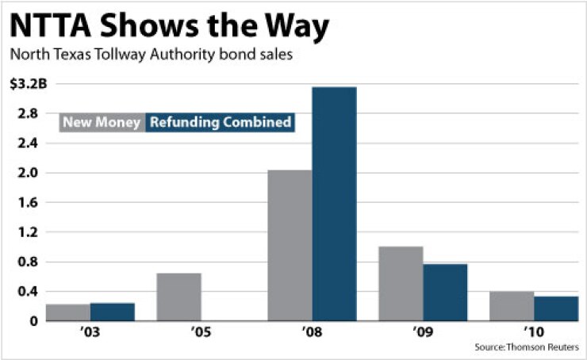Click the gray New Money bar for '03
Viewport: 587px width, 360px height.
click(67, 312)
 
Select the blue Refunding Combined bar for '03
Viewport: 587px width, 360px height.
click(112, 312)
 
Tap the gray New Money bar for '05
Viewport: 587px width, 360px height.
click(178, 297)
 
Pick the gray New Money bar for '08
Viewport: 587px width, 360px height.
click(290, 245)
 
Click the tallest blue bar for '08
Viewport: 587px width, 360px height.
click(334, 204)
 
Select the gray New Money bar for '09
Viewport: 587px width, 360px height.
click(401, 283)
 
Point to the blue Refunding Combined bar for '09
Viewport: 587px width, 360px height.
click(445, 292)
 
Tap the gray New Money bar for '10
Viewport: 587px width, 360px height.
click(512, 306)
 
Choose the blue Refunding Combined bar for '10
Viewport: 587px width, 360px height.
click(556, 308)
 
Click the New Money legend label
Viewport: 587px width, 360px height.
click(102, 123)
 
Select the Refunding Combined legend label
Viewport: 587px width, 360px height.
click(220, 123)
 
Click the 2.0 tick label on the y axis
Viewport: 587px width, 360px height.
click(29, 173)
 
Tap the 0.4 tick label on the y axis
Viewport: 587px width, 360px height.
click(29, 292)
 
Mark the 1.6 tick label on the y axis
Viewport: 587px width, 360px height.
click(29, 203)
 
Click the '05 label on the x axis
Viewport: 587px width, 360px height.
click(178, 335)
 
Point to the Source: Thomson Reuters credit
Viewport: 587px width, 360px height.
click(527, 347)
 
